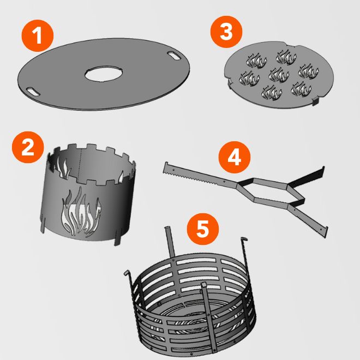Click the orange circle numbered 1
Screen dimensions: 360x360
[x=38, y=35]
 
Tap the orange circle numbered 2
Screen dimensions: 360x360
[x=28, y=147]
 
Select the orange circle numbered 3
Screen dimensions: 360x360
[x=226, y=32]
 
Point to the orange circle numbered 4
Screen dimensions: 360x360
[x=234, y=157]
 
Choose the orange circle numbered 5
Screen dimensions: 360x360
[x=202, y=229]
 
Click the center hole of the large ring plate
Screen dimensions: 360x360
[x=103, y=74]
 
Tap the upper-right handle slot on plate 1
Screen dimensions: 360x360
[x=174, y=56]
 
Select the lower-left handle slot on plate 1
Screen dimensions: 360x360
[x=33, y=92]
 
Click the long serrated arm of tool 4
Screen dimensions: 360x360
[x=200, y=176]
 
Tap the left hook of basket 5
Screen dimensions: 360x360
[x=127, y=273]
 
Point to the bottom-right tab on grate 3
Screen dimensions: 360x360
[x=315, y=100]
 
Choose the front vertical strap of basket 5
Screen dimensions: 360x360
[x=209, y=319]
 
